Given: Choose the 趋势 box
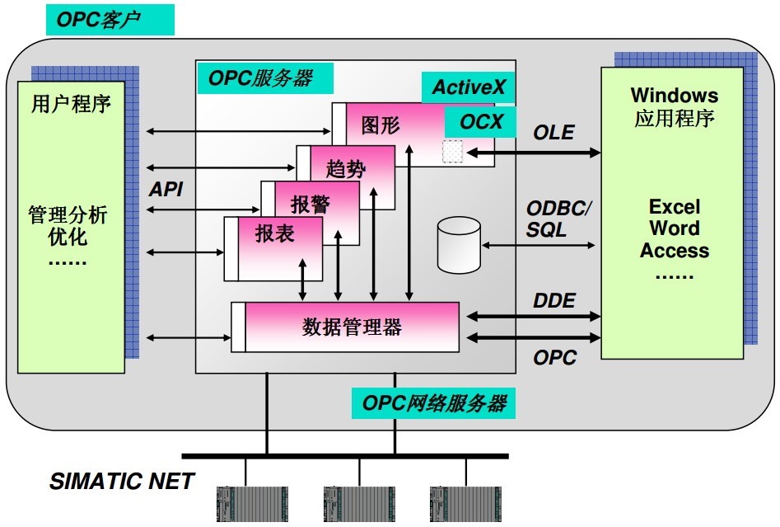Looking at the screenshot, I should (345, 168).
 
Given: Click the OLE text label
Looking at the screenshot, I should (553, 132).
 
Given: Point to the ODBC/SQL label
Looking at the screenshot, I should (558, 219).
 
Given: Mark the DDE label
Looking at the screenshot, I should (553, 301).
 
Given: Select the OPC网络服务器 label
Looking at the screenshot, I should (433, 404).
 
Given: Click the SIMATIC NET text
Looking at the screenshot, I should (122, 482).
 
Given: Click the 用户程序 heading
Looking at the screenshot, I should (71, 104).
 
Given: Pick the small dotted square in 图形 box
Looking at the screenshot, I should (452, 151).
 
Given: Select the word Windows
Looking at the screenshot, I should (674, 96).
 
